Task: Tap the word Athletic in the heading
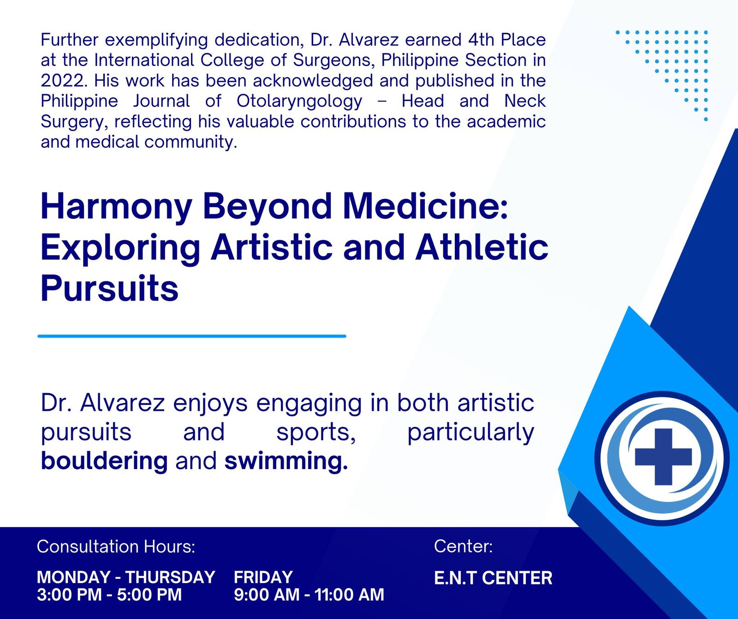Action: point(482,247)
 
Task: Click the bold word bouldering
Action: point(104,461)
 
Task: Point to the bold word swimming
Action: point(286,461)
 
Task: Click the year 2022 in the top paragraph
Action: point(63,81)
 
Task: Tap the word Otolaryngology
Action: point(299,101)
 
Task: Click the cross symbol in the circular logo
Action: point(663,457)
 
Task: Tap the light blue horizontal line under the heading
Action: point(192,336)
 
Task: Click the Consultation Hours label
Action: point(116,547)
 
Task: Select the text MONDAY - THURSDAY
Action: point(126,577)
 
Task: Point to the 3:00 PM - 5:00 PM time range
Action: point(109,595)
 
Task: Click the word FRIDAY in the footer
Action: point(263,577)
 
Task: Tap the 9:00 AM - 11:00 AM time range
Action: point(309,595)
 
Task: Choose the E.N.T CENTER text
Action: point(493,578)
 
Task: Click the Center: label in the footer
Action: point(464,547)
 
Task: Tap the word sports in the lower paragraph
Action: point(316,433)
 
